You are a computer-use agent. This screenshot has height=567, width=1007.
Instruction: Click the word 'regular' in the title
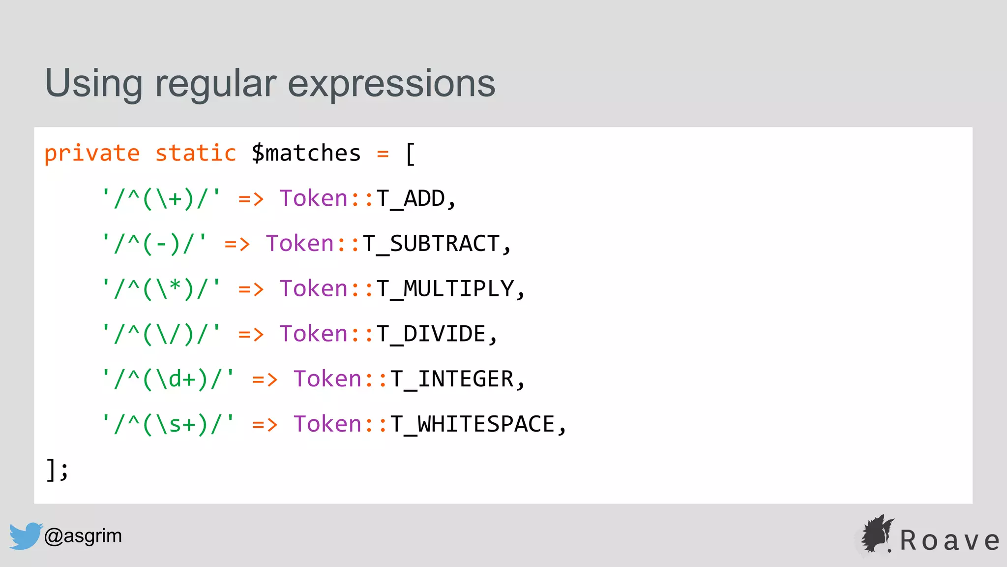215,84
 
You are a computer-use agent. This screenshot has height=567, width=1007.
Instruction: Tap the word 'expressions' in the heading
391,84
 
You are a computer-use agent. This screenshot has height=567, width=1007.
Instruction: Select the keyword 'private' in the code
92,153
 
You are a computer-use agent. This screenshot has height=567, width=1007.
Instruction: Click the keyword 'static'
196,153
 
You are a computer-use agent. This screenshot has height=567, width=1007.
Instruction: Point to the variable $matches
306,153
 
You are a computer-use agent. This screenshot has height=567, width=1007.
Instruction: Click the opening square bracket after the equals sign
410,154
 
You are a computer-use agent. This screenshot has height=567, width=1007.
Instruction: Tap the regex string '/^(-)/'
154,244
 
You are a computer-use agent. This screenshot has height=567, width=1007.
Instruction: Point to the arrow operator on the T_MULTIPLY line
251,289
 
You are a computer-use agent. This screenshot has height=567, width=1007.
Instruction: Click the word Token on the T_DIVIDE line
314,334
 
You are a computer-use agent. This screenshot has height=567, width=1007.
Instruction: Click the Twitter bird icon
25,535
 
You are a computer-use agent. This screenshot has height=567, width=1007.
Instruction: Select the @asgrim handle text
83,535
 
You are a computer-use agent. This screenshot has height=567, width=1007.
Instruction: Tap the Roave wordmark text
949,540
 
